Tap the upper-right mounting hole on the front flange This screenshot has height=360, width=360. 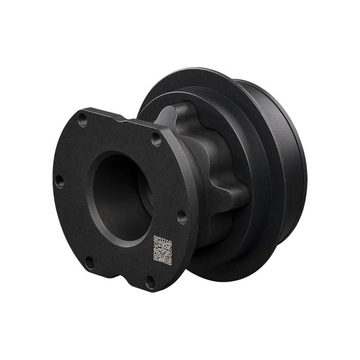[156, 138]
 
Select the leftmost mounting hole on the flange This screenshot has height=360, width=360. [60, 181]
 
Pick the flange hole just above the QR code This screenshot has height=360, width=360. [181, 218]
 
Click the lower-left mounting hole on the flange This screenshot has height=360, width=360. [88, 260]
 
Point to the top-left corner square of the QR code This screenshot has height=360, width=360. [156, 240]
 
